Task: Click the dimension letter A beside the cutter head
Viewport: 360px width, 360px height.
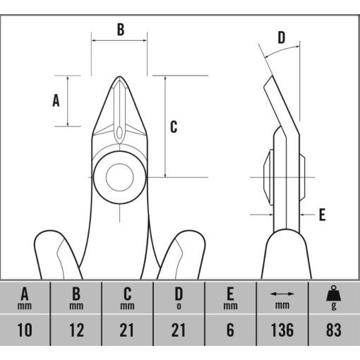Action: point(56,100)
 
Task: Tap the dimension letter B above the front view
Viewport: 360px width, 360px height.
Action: point(121,30)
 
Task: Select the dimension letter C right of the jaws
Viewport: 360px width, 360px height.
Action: point(174,127)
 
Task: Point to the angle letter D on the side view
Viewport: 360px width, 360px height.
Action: point(282,37)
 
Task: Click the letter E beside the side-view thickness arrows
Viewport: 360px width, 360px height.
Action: point(322,215)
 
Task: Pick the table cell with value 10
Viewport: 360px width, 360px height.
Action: point(25,330)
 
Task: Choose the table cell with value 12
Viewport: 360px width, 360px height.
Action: point(76,330)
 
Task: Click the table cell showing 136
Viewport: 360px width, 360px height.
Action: point(282,330)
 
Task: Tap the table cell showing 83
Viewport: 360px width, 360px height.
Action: point(334,330)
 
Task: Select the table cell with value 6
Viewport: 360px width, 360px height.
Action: point(230,330)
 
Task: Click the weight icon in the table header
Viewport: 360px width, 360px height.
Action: point(333,293)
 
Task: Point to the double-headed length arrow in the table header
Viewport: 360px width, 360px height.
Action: point(282,294)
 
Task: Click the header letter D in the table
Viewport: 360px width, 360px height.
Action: point(179,294)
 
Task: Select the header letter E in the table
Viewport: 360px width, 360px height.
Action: point(230,294)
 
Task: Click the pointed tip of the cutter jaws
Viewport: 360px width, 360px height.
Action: point(119,76)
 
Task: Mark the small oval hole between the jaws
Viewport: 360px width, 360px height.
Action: point(119,133)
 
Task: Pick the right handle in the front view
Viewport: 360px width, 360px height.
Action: point(182,254)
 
